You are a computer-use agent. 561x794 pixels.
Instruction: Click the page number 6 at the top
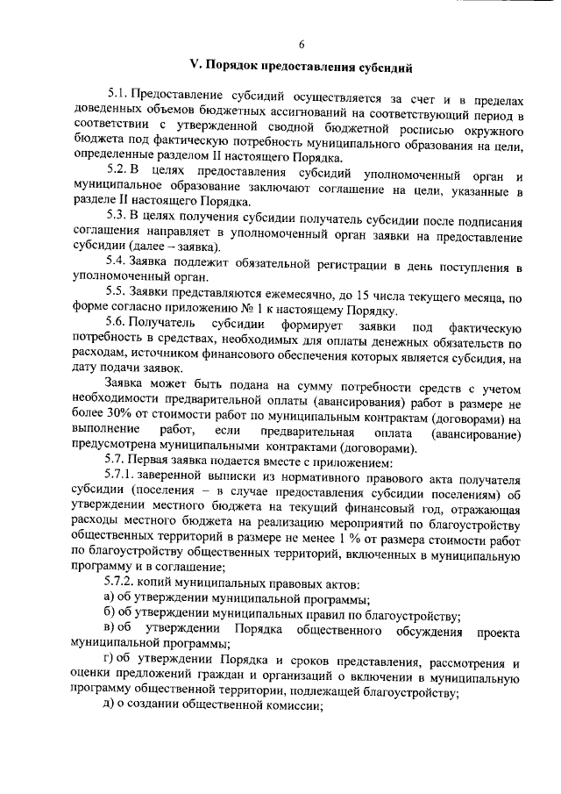tap(301, 45)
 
